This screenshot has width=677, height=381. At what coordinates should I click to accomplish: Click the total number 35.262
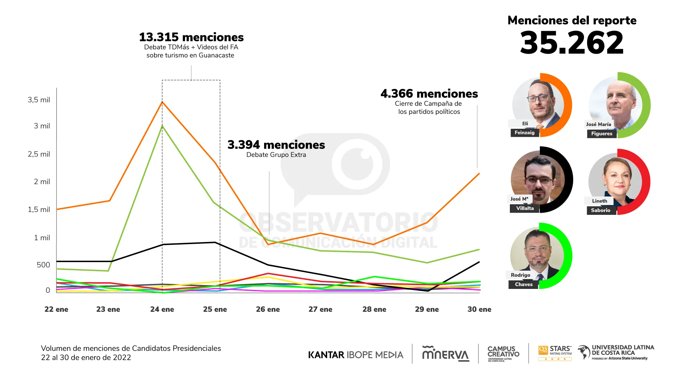click(x=572, y=43)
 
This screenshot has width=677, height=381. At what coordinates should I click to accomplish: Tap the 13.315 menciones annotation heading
click(x=191, y=37)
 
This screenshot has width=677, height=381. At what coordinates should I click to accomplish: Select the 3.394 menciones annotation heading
click(x=276, y=145)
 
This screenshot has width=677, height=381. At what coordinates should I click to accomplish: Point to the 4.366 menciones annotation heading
click(x=429, y=93)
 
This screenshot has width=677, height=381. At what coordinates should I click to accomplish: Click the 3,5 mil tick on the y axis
click(x=39, y=100)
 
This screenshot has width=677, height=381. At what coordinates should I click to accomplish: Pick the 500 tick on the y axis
click(x=43, y=265)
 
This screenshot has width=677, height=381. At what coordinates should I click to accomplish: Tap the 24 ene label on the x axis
click(x=162, y=309)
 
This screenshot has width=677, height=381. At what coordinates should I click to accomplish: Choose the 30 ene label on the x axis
click(x=479, y=309)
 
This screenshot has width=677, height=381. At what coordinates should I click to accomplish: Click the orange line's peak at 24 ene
click(x=162, y=102)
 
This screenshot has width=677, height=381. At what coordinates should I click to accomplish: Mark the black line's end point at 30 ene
click(x=479, y=262)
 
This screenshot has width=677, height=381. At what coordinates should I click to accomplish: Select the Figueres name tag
click(x=602, y=134)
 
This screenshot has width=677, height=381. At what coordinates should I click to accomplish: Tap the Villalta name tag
click(x=525, y=208)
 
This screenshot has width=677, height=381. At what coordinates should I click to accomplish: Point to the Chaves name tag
click(x=524, y=284)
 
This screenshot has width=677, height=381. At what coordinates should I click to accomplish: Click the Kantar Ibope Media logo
click(x=355, y=355)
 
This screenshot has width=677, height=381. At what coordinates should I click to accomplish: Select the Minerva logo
click(x=446, y=353)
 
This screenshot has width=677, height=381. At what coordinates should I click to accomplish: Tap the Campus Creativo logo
click(x=503, y=353)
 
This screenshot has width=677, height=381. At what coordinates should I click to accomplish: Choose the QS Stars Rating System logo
click(x=555, y=353)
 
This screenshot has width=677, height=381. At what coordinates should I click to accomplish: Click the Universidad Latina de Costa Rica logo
click(x=616, y=352)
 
